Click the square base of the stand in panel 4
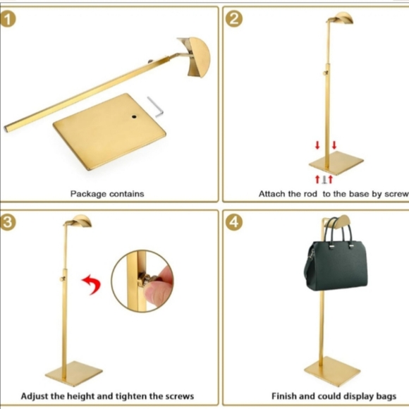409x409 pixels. [x=332, y=372]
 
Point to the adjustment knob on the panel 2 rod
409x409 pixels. [x=326, y=72]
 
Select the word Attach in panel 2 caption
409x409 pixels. [x=272, y=193]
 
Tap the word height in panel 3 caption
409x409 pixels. [x=92, y=396]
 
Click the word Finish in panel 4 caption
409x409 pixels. [x=286, y=396]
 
